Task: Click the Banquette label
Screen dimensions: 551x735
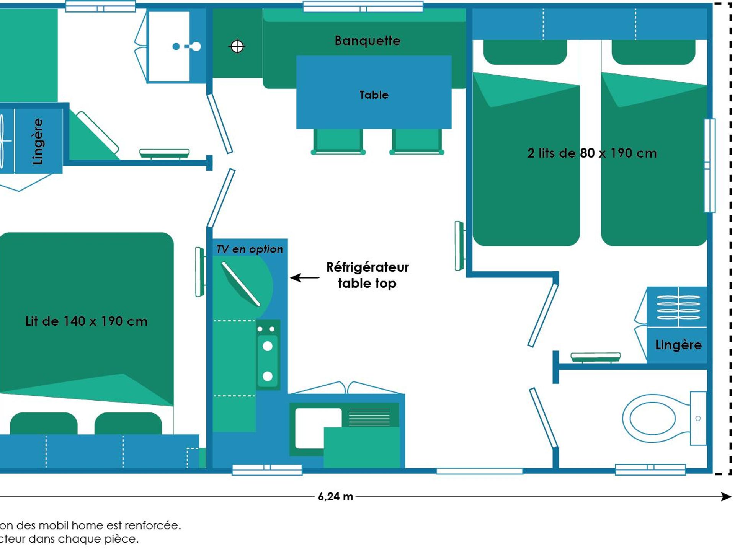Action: point(367,41)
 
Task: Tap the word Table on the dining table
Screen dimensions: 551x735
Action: point(374,95)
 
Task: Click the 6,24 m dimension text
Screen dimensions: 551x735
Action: point(335,497)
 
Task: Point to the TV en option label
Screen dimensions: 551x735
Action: point(249,249)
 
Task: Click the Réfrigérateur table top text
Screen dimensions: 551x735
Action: point(367,275)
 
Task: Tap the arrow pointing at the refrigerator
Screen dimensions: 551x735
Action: point(305,277)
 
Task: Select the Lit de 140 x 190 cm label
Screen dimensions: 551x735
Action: point(86,321)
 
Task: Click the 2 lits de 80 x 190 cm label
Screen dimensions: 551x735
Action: point(591,153)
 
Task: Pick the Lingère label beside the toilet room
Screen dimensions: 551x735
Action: point(678,345)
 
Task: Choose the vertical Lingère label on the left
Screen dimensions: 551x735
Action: point(38,141)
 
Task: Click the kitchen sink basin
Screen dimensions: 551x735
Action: point(318,427)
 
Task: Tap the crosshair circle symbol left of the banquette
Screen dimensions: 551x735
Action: point(237,47)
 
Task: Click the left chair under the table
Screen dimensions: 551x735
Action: point(338,141)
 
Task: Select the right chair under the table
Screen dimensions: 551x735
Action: point(416,141)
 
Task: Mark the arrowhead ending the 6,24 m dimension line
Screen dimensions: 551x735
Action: point(726,497)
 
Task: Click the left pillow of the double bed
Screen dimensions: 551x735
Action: point(44,424)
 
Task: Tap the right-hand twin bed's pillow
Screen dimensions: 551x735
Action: point(653,53)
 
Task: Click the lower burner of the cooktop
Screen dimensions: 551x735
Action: point(268,376)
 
